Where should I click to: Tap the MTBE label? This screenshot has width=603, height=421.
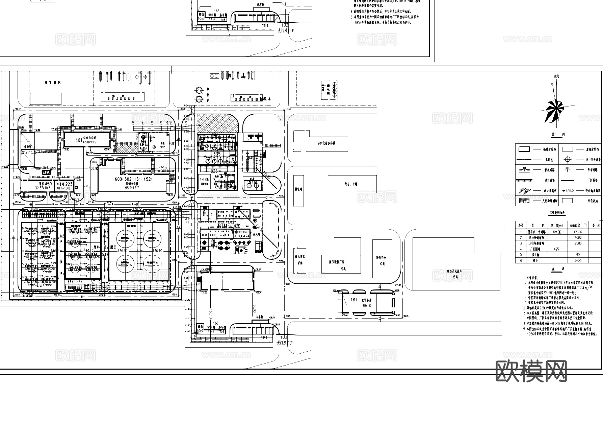pyautogui.click(x=53, y=83)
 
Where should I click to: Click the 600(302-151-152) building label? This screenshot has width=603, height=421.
pyautogui.click(x=134, y=179)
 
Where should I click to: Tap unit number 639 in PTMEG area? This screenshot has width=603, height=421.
pyautogui.click(x=256, y=234)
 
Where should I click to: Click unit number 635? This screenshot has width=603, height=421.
pyautogui.click(x=216, y=154)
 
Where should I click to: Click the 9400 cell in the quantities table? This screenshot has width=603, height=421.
pyautogui.click(x=577, y=261)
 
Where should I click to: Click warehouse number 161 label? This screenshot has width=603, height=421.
pyautogui.click(x=354, y=300)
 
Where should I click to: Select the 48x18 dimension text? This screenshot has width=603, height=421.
pyautogui.click(x=367, y=305)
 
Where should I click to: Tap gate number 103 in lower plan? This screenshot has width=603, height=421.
pyautogui.click(x=284, y=337)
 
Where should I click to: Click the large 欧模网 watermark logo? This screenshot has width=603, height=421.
pyautogui.click(x=531, y=371)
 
